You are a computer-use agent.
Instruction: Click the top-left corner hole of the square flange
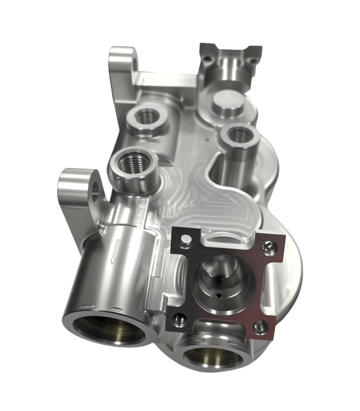(x=186, y=237)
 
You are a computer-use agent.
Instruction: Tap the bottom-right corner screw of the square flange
(x=260, y=325)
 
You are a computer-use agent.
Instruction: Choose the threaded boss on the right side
(x=239, y=135)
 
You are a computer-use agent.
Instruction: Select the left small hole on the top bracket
(x=207, y=59)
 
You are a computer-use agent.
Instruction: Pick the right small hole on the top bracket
(x=253, y=60)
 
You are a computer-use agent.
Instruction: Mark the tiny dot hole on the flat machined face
(x=206, y=138)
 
